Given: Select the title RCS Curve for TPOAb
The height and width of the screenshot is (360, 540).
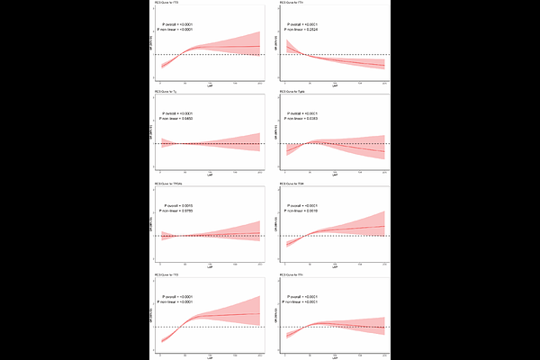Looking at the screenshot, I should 172,185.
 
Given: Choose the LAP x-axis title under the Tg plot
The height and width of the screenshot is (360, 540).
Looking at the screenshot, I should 211,176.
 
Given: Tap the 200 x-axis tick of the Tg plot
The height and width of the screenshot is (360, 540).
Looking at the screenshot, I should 260,173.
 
